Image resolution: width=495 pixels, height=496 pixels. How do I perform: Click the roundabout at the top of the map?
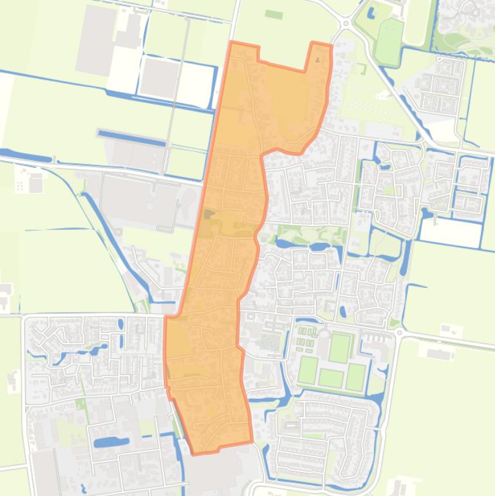pyautogui.click(x=346, y=24)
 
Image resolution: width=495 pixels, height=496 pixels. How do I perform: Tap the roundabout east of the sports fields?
pyautogui.click(x=398, y=333)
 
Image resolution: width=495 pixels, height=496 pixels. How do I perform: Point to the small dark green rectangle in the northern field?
pyautogui.click(x=274, y=14)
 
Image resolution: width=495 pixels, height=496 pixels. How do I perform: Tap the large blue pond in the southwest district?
pyautogui.click(x=111, y=443)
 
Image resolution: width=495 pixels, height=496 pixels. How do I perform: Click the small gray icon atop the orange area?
pyautogui.click(x=318, y=61)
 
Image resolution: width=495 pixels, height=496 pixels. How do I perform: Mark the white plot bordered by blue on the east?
pyautogui.click(x=450, y=233)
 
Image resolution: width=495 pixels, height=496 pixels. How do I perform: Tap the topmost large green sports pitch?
pyautogui.click(x=339, y=348)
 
